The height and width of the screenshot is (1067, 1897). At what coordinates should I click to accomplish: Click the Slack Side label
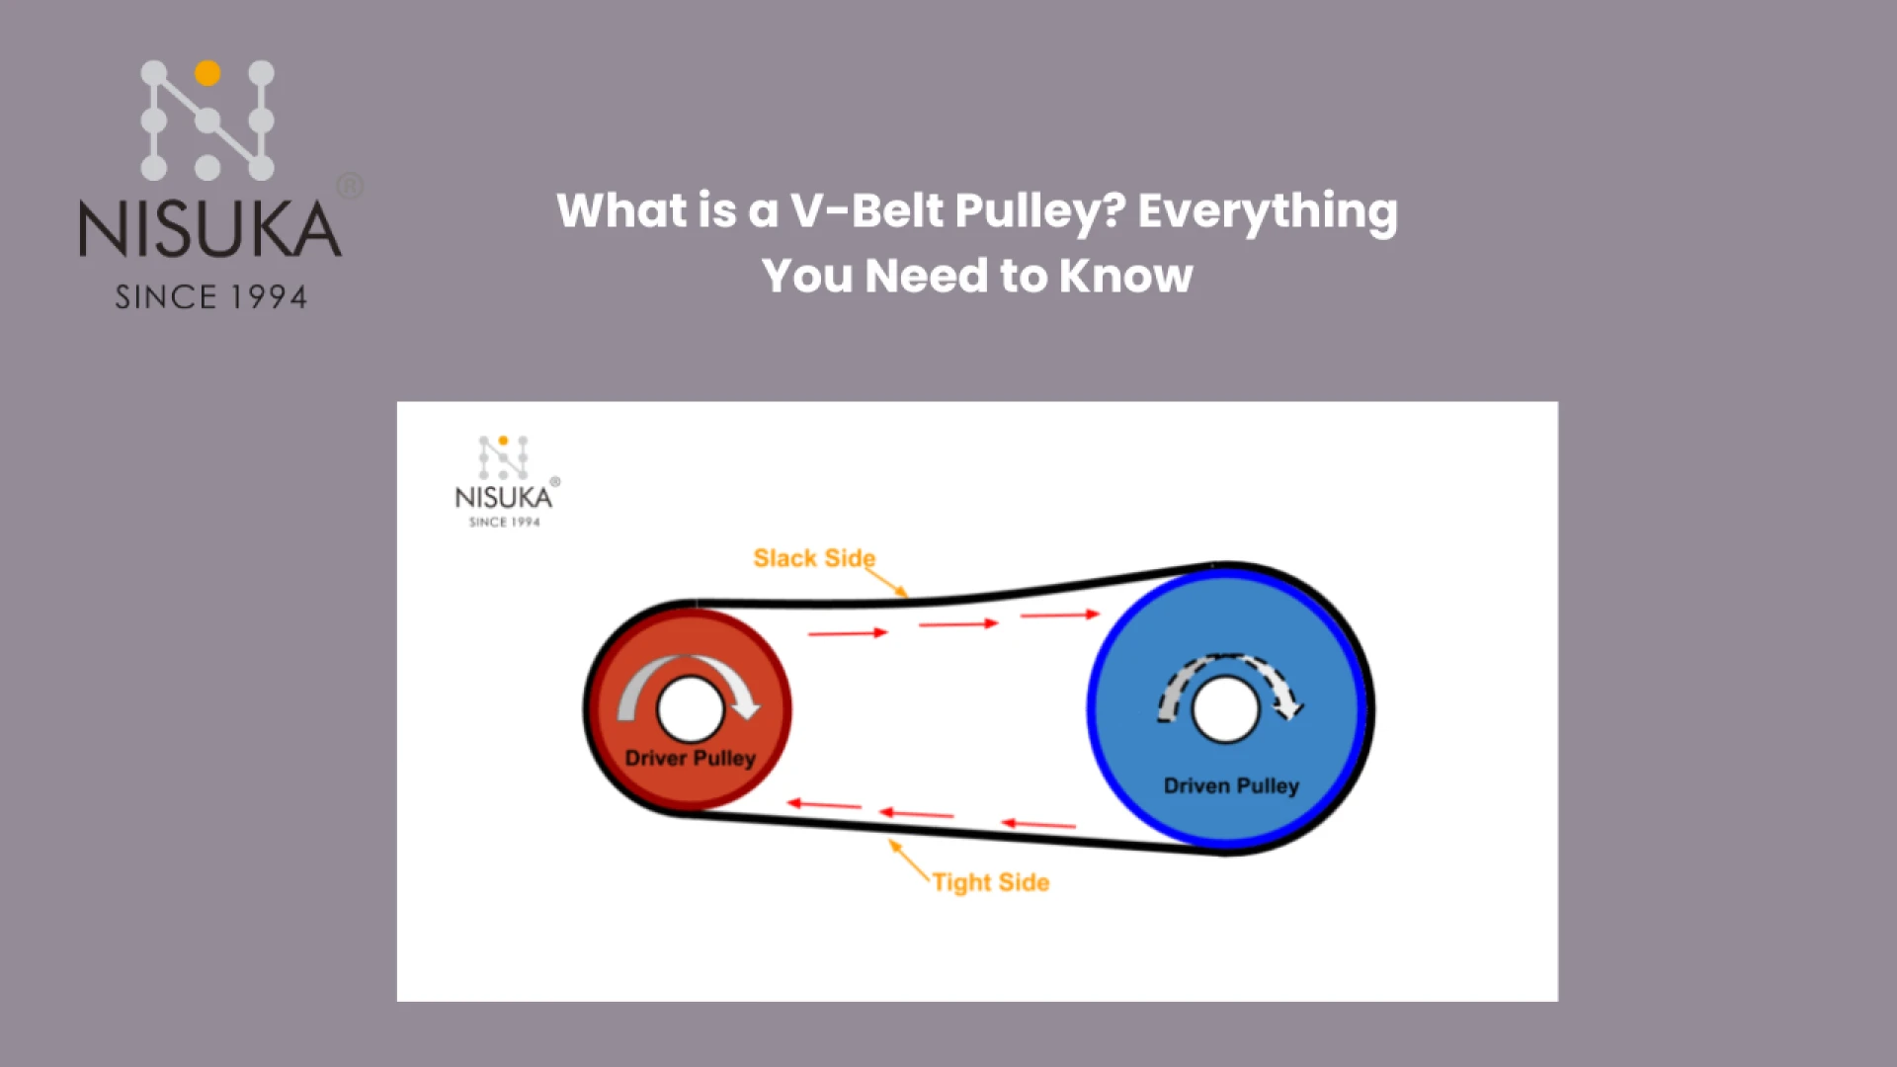click(813, 558)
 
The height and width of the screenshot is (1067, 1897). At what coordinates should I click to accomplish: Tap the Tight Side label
click(990, 882)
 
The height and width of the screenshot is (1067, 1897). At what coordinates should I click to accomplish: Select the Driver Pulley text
click(690, 758)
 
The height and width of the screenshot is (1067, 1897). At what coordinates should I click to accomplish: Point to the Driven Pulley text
click(1231, 785)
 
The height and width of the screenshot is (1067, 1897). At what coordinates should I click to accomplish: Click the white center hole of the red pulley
click(690, 709)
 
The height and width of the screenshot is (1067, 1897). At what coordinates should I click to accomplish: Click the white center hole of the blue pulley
click(1225, 709)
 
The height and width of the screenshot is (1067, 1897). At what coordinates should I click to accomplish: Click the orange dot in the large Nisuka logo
click(207, 72)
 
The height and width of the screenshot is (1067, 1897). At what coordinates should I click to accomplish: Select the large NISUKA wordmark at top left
click(210, 230)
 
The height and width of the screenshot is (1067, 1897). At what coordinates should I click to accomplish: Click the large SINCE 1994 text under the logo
click(210, 297)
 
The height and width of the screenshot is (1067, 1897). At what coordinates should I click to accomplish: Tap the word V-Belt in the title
click(866, 210)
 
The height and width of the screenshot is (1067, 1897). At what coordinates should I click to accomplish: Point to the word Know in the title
click(1125, 276)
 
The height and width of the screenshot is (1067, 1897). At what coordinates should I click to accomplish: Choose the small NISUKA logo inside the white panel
click(505, 481)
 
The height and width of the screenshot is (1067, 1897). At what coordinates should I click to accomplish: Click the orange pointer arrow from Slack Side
click(887, 583)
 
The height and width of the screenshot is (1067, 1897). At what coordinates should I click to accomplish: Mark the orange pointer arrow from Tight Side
click(909, 861)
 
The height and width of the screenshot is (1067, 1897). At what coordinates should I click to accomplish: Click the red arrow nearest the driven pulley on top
click(1059, 615)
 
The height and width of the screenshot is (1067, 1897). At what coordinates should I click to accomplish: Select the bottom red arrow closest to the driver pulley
click(824, 804)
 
